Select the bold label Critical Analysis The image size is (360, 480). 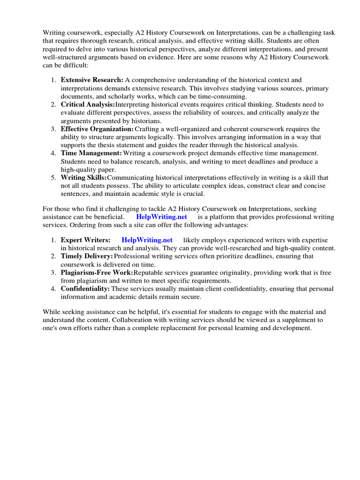(88, 105)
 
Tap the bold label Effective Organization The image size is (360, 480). (97, 129)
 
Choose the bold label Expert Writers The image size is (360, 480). (86, 240)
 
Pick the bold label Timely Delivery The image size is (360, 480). (87, 256)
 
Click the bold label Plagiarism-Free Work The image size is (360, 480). (97, 273)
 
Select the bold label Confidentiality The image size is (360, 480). (85, 289)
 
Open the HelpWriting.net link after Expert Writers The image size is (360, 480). (147, 240)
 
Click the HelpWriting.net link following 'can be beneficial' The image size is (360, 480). (162, 217)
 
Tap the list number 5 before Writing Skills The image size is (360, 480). (53, 178)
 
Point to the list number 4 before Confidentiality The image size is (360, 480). (53, 289)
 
